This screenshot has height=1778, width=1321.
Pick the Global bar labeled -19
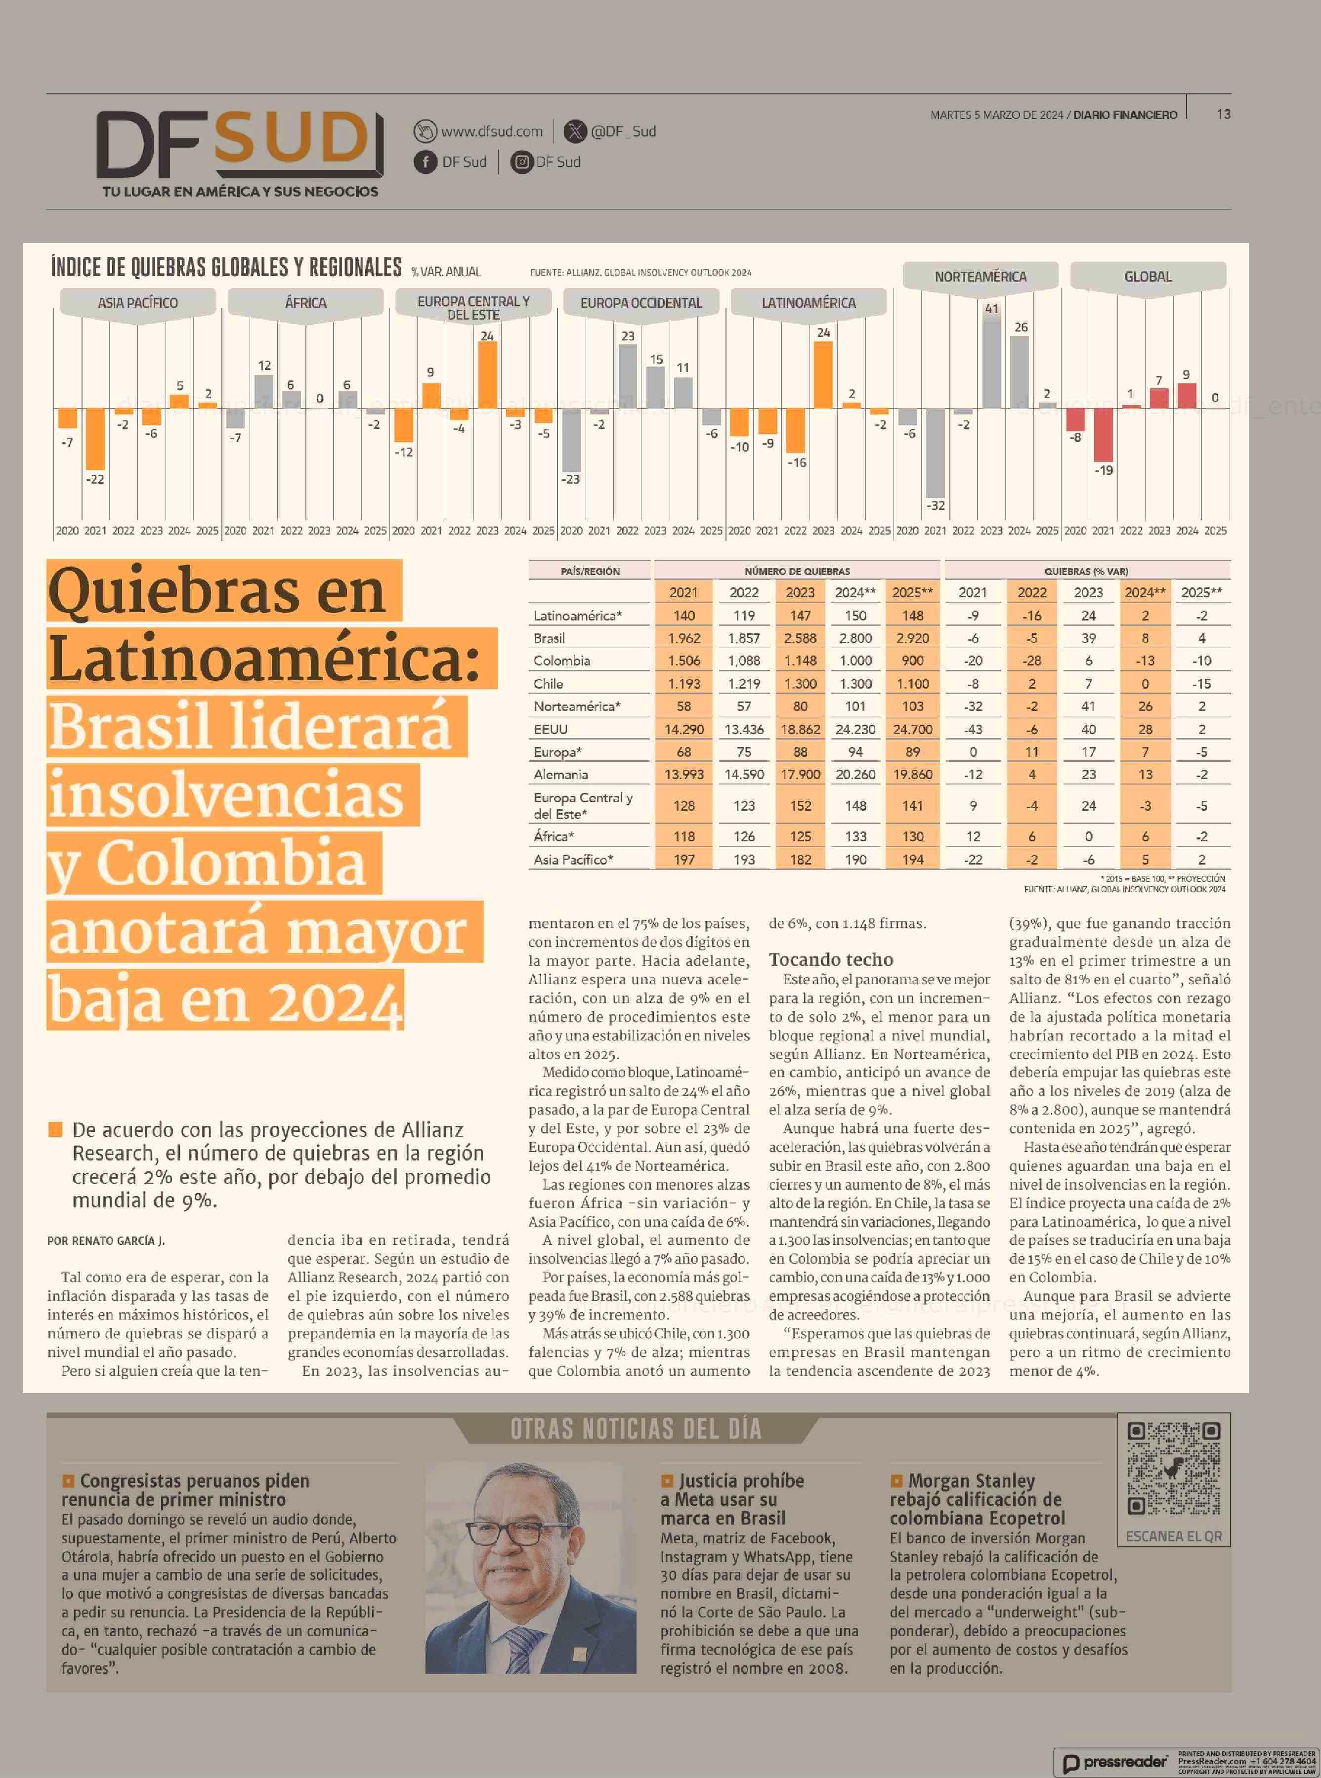1104,435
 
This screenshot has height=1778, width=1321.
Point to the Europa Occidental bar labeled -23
571,440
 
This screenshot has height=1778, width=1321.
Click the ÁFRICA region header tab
305,303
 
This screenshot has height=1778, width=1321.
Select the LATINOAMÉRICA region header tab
809,303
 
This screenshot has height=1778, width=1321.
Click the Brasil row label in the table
550,638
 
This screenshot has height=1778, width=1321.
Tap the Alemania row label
560,774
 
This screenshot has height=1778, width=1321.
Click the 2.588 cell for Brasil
800,638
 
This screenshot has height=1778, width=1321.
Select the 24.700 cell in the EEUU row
912,729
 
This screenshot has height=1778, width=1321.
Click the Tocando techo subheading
831,959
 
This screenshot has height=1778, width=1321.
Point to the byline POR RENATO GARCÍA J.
106,1241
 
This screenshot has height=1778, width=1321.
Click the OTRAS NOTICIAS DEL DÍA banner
636,1429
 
